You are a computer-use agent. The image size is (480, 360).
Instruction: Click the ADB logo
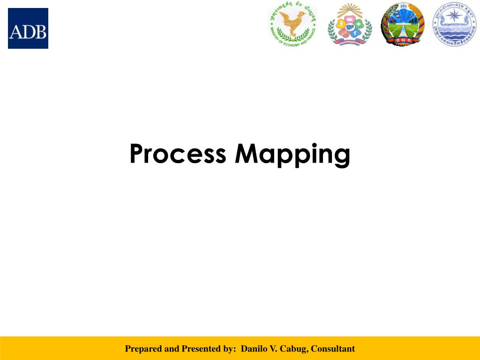(x=28, y=28)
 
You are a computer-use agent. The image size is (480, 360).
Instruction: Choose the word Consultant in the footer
(x=333, y=349)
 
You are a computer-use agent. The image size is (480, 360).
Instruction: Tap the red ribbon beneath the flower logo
(x=350, y=42)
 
